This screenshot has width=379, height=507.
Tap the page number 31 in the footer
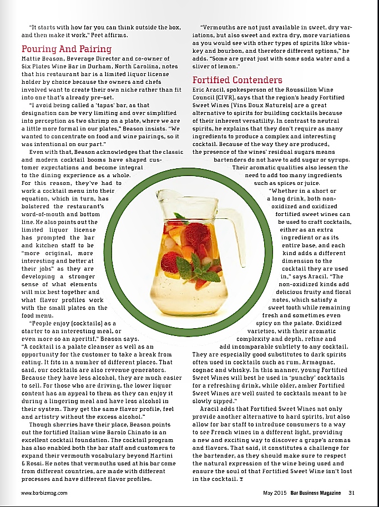pyautogui.click(x=351, y=492)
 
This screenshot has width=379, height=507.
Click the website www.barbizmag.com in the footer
pyautogui.click(x=44, y=492)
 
